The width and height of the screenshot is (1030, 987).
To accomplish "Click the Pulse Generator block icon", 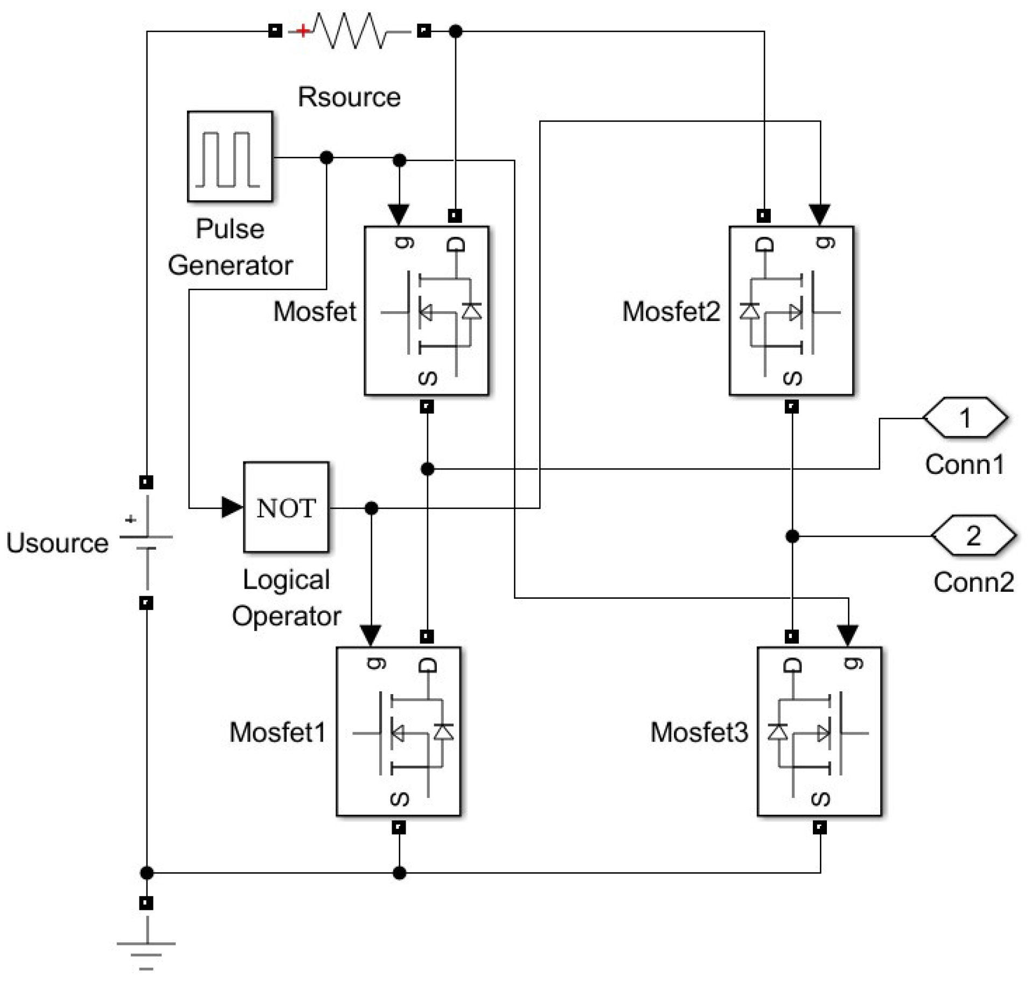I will click(229, 156).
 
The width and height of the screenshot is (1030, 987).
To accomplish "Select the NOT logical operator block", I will click(286, 507).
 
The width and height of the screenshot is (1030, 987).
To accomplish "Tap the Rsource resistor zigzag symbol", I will click(349, 31).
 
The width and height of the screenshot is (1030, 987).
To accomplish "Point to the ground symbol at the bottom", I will click(146, 953).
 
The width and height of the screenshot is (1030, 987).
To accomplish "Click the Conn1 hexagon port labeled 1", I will click(965, 418).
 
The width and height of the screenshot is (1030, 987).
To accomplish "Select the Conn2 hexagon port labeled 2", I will click(973, 536).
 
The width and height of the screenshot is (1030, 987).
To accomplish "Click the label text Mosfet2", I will click(671, 311).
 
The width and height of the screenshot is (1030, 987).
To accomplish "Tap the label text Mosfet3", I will click(699, 732).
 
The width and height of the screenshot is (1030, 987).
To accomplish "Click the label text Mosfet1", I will click(277, 732).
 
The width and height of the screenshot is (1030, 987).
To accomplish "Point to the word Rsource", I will click(349, 97).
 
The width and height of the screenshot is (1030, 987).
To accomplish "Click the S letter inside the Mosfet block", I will click(427, 378).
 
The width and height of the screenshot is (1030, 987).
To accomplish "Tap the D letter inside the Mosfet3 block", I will click(791, 666).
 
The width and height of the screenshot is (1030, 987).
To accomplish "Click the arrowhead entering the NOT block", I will click(232, 507).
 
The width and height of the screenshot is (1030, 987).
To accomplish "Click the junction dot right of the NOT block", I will click(371, 508).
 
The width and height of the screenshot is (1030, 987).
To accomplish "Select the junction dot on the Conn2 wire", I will click(792, 536).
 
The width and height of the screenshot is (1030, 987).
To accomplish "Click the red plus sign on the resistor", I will click(303, 31).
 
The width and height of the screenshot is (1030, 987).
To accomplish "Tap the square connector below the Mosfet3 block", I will click(819, 827).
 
